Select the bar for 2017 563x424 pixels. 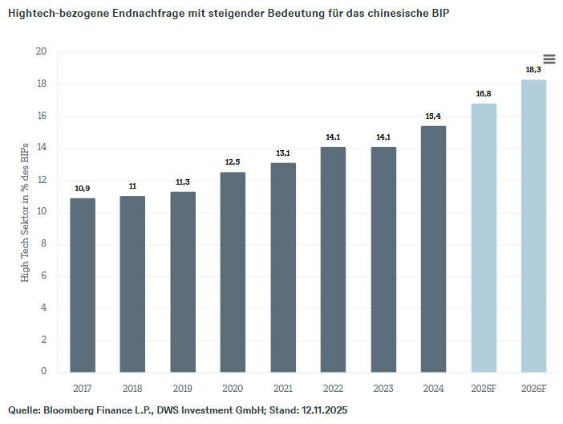pos(82,285)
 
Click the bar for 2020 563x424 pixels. pos(233,271)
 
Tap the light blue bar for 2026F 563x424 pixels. pos(533,226)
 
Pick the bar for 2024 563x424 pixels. pos(433,249)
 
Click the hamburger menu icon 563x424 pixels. pos(549,59)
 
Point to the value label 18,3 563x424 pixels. pos(533,70)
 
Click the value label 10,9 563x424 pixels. pos(82,188)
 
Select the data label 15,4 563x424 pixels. pos(433,116)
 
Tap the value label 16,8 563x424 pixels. pos(484,94)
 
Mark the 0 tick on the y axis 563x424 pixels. pos(44,372)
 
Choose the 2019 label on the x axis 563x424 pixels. pos(182,388)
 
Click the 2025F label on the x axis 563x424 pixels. pos(484,388)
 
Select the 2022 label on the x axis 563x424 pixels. pos(333,388)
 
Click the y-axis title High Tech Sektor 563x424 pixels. pos(25,212)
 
